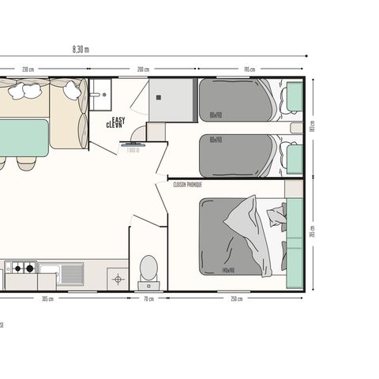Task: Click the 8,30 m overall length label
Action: [x=81, y=49]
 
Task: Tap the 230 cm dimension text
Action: [x=28, y=69]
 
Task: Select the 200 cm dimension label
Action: [x=143, y=69]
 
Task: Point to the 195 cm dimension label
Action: [x=249, y=69]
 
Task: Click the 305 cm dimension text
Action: [x=47, y=298]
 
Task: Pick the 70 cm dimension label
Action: [x=148, y=298]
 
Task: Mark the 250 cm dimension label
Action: [x=236, y=298]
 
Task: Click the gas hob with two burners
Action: [x=21, y=268]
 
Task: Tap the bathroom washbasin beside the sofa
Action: [x=99, y=95]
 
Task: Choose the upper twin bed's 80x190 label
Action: [x=216, y=115]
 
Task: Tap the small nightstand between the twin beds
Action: [x=295, y=128]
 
